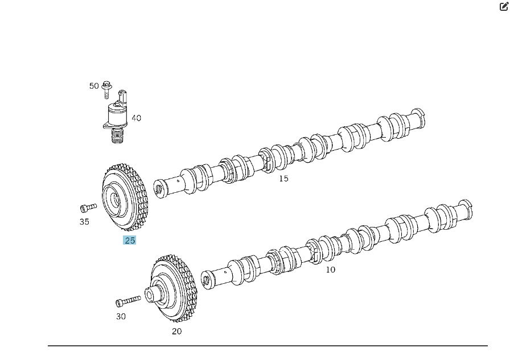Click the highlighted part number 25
tap(130, 241)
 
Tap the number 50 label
tap(94, 86)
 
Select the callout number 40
tap(136, 118)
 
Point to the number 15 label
tap(283, 179)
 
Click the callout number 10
tap(331, 270)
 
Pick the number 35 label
tap(84, 222)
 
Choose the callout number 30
tap(121, 316)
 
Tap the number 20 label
tap(177, 331)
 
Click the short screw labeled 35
tap(88, 208)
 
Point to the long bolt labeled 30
tap(128, 300)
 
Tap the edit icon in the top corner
tap(504, 6)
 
